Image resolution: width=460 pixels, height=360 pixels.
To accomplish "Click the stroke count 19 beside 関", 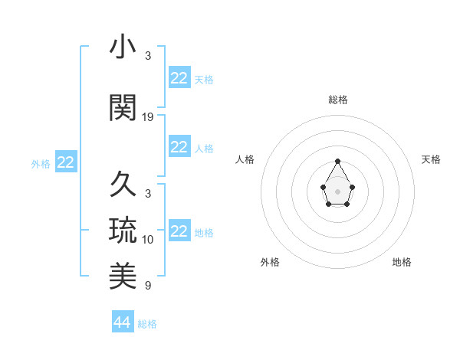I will pos(148,117).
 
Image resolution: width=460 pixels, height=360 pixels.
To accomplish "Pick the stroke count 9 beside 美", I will pos(148,286).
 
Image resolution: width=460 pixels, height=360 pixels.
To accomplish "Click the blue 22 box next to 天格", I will pos(179,78).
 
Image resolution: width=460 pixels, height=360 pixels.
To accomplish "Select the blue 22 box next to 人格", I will pos(179,147).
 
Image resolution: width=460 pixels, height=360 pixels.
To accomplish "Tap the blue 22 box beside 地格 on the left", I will pos(179,231).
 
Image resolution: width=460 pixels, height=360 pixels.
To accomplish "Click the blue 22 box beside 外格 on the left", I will pos(66,162).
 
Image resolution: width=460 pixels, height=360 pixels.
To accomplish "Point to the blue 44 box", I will pos(122,322).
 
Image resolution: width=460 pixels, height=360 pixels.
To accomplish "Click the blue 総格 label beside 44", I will pos(147,324).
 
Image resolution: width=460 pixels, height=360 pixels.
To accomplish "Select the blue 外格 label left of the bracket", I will pos(41,163).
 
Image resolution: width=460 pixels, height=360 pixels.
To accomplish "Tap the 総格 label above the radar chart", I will pos(338,100).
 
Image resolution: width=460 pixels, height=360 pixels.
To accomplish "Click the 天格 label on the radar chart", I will pos(431,159).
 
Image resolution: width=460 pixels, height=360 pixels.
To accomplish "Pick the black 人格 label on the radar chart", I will pos(245,159).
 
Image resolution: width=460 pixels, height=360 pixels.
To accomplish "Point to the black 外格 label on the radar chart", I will pos(270,262).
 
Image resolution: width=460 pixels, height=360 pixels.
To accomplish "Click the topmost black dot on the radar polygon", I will pos(338,161).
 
